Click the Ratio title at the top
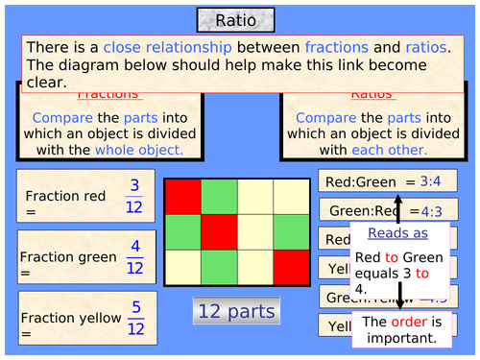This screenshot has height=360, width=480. tap(235, 20)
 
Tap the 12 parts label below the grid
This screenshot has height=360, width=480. tap(235, 311)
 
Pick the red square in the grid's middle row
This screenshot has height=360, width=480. tap(219, 230)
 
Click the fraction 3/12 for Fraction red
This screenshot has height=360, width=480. tap(135, 197)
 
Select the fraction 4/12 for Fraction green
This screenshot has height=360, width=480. tap(135, 258)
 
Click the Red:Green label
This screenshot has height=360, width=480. tap(357, 180)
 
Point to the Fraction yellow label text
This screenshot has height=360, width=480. tap(70, 318)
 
